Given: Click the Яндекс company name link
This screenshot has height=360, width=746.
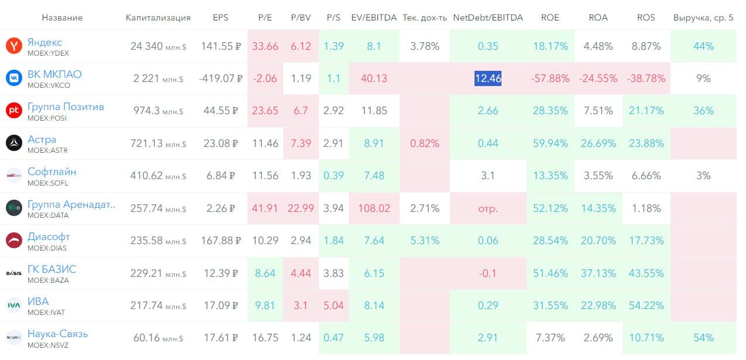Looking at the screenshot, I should [x=44, y=42].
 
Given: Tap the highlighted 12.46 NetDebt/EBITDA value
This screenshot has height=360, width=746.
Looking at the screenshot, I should [x=487, y=78].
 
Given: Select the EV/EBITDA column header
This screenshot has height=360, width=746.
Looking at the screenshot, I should [x=374, y=18].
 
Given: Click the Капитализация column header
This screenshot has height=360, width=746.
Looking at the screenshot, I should [x=158, y=18].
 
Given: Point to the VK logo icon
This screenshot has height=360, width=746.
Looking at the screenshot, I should [x=13, y=78].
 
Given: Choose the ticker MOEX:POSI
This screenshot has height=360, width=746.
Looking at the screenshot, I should [x=47, y=118].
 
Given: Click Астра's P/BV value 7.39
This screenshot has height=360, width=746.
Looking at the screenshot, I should [x=300, y=143].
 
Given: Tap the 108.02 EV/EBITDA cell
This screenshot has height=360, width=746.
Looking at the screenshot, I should [x=373, y=208].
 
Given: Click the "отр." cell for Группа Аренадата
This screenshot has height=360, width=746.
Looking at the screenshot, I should [x=488, y=208].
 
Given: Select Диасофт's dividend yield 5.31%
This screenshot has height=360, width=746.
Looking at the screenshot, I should [x=425, y=241].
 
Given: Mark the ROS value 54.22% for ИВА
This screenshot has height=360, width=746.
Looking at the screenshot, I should [x=649, y=306].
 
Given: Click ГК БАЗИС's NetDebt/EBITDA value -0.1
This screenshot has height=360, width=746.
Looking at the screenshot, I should [x=488, y=273].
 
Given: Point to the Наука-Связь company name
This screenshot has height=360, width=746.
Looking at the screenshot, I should [x=57, y=334].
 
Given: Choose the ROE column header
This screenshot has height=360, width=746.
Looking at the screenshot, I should [x=551, y=18].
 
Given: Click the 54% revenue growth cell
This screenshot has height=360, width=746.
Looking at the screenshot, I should [x=703, y=338].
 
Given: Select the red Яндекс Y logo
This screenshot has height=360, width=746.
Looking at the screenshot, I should [x=13, y=46].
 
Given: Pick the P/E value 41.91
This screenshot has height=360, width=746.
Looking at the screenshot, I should [x=265, y=208].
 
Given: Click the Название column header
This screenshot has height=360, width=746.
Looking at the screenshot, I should [x=62, y=18].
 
